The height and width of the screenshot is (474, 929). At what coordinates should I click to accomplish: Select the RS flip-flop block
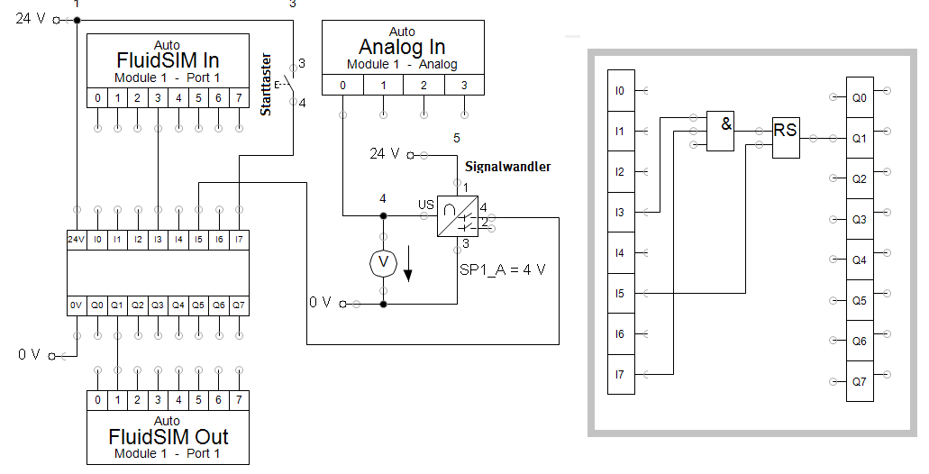pos(786,138)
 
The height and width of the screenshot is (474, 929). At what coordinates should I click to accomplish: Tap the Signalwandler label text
pos(507,167)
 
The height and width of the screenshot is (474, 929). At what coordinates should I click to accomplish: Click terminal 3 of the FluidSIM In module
pos(158,97)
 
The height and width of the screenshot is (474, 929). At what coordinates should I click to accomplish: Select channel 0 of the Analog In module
pos(342,86)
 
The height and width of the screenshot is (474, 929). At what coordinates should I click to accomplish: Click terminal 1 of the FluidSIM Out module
pos(117,399)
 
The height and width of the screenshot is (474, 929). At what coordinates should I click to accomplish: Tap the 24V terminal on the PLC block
pos(77,240)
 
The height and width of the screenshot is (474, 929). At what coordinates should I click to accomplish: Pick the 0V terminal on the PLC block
pos(77,305)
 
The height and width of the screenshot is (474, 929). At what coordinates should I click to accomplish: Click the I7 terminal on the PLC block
pos(238,240)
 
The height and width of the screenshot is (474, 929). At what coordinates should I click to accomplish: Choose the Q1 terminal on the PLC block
pos(117,305)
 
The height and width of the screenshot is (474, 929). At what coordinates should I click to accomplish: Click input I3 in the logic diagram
pos(620,213)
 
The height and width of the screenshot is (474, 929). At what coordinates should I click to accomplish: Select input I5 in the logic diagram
pos(620,294)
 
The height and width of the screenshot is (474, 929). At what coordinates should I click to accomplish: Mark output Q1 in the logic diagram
pos(860,138)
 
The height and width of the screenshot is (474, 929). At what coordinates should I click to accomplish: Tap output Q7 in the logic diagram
pos(860,381)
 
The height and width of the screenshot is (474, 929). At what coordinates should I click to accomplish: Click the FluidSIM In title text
pos(168,60)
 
